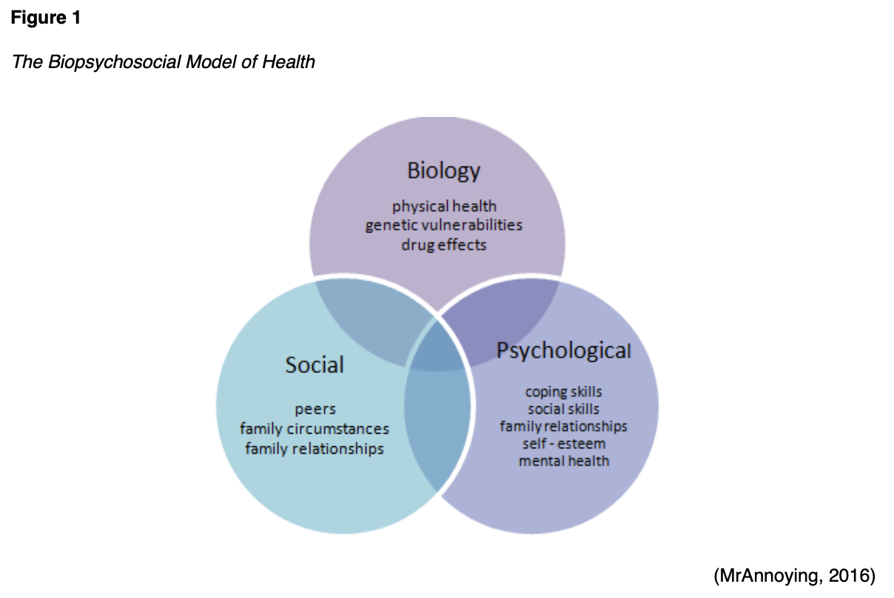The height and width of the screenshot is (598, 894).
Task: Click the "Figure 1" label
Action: pos(46,19)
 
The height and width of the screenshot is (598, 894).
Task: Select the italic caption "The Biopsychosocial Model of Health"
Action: pos(164,61)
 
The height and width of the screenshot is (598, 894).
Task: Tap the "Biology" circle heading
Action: pos(443,171)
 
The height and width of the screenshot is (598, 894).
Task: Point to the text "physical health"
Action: pos(444,206)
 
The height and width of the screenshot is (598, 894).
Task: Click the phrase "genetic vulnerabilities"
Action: pos(443,225)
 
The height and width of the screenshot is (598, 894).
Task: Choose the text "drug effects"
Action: pos(444,244)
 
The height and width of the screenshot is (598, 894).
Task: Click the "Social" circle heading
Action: pos(315,365)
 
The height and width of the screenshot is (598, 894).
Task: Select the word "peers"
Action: pos(315,409)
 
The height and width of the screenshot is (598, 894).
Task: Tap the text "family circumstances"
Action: pos(315,429)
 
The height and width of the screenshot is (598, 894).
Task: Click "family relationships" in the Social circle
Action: pos(315,448)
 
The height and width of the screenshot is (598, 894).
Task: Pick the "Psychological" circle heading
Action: pos(564,350)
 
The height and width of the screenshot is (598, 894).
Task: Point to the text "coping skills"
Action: pos(564,391)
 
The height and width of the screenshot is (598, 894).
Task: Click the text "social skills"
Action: pos(564,409)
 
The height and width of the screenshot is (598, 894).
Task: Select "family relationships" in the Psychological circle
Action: pos(564,426)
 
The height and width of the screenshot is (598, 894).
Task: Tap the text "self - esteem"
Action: pos(564,443)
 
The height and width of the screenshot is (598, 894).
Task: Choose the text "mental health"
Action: pos(564,460)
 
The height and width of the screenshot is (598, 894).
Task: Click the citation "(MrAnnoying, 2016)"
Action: pos(794,575)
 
